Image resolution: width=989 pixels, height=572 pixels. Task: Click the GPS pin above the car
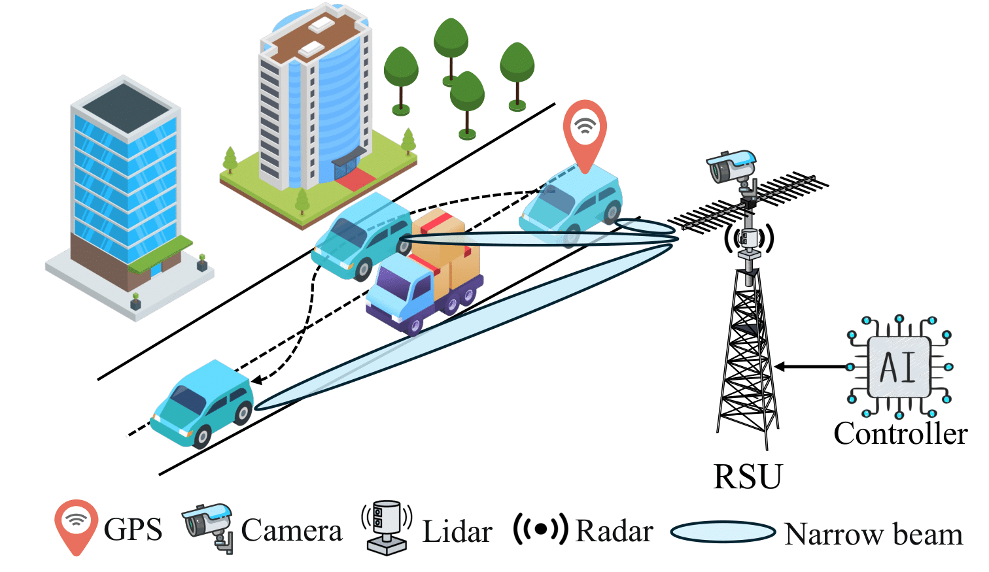585,131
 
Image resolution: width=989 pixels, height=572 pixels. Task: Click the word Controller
900,434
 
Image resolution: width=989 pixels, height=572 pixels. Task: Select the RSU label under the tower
747,477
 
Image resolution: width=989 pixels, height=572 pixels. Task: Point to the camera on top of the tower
731,166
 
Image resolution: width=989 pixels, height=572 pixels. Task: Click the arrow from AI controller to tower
811,367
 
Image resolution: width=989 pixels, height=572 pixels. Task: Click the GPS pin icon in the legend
77,525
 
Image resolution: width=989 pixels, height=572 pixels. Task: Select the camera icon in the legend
209,525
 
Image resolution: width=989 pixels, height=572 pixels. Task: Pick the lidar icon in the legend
387,528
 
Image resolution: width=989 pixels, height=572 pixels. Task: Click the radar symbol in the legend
540,530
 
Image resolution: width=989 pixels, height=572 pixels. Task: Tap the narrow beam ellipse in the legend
723,532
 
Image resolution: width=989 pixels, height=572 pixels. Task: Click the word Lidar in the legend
457,531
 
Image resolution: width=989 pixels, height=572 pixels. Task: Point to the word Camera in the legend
292,531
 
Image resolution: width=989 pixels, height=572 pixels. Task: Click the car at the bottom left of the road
203,403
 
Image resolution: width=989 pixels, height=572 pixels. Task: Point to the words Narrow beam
873,535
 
